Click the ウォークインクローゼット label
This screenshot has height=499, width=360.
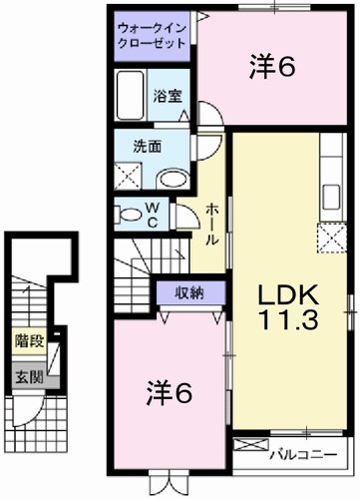(155, 36)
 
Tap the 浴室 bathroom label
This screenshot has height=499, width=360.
(168, 96)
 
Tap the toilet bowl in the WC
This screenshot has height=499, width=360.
(129, 213)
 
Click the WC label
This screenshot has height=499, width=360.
(153, 214)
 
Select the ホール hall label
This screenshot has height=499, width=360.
(212, 225)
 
